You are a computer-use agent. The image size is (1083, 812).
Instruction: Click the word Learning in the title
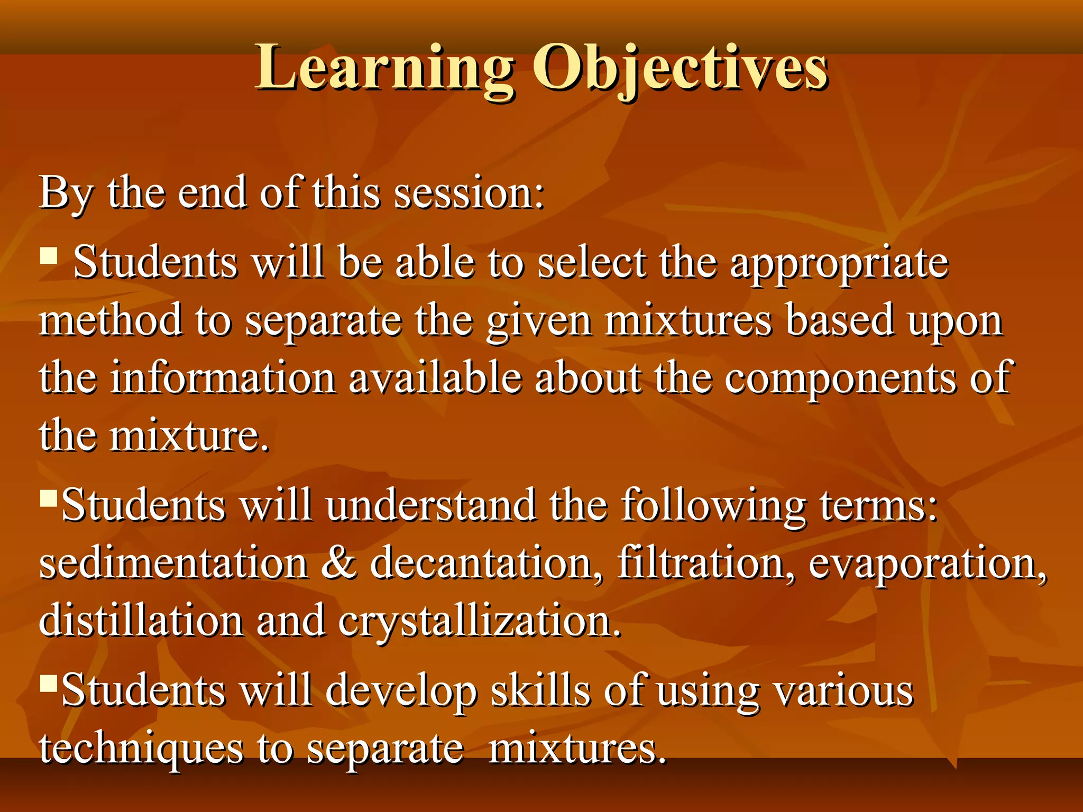[x=384, y=69]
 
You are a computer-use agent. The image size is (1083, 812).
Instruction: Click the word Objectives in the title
[x=680, y=69]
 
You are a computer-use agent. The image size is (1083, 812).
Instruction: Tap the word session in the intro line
[x=469, y=193]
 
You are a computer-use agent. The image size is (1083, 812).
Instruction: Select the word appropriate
[x=839, y=263]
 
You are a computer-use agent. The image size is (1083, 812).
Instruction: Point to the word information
[x=223, y=379]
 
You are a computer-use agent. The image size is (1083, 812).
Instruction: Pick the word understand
[x=430, y=505]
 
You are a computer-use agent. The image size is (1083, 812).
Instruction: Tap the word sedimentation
[x=173, y=564]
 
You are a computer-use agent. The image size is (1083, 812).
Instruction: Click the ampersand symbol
[x=338, y=562]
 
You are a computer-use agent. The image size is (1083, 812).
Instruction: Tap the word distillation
[x=141, y=621]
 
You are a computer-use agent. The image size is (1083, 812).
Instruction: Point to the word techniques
[x=141, y=749]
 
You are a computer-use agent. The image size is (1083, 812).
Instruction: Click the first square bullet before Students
[x=49, y=256]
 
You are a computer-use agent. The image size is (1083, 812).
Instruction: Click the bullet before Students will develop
[x=48, y=684]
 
